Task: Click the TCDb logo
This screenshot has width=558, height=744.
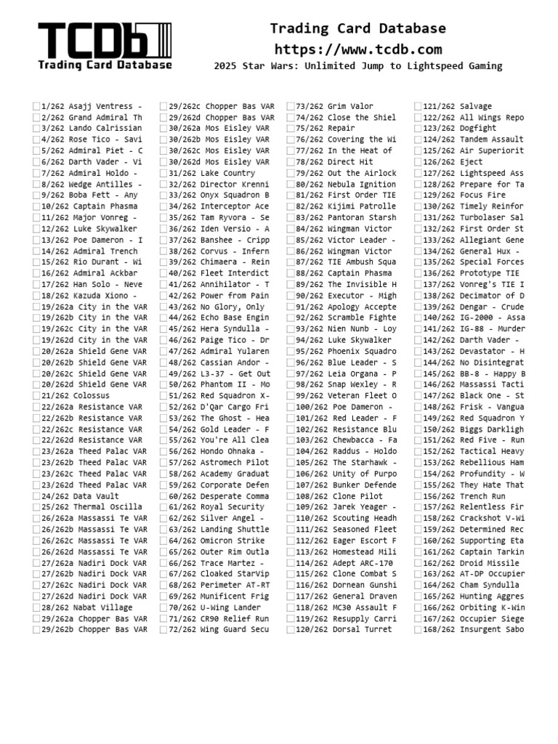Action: (x=105, y=46)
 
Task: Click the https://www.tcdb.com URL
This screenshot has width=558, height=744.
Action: (x=358, y=49)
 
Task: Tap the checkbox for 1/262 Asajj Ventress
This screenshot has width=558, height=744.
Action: (x=36, y=106)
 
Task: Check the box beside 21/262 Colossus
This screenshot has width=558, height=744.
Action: (x=36, y=395)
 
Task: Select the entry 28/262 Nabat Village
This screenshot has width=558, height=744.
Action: (x=86, y=607)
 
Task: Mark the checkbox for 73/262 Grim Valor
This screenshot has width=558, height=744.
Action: (x=291, y=106)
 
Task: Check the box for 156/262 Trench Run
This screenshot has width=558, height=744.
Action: (x=418, y=496)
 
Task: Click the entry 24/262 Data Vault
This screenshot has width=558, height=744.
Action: (x=76, y=496)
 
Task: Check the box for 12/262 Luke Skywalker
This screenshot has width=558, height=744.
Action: (x=36, y=228)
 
